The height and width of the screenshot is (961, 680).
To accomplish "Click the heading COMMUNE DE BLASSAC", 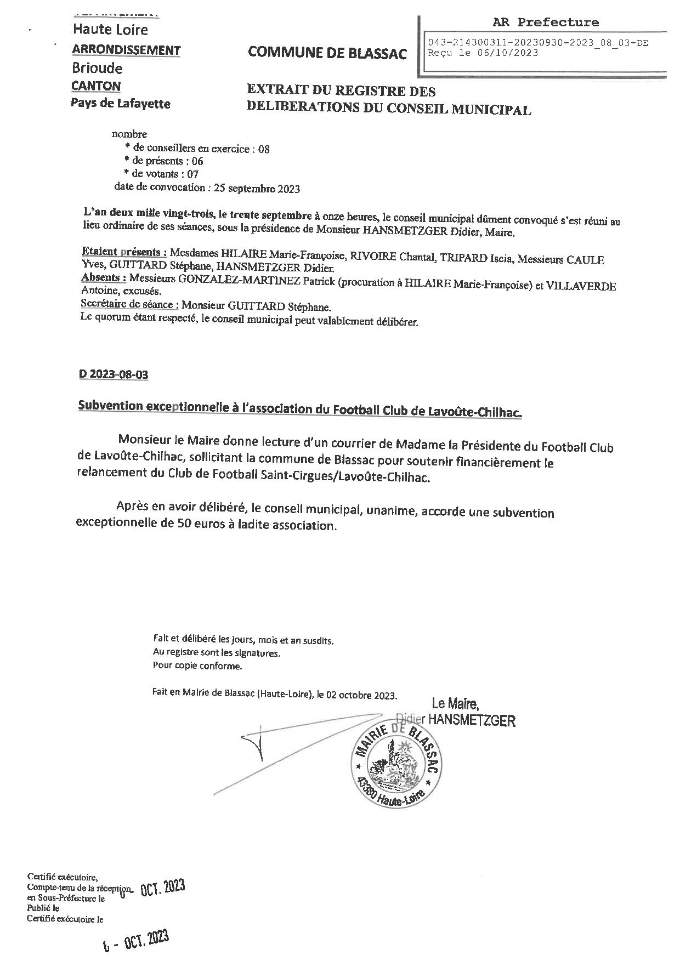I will click(x=327, y=53).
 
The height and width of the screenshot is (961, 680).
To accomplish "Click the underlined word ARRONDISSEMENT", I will click(x=126, y=50).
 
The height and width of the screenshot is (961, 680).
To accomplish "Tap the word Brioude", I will click(x=97, y=69).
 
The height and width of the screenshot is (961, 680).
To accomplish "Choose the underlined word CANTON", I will click(x=96, y=86).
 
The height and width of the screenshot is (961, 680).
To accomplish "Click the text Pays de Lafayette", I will click(x=121, y=104).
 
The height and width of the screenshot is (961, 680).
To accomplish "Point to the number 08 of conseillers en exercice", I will click(x=263, y=149).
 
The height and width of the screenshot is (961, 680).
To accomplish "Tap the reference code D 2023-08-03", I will click(x=114, y=375).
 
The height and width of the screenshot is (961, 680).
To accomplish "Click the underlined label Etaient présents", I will click(x=124, y=253).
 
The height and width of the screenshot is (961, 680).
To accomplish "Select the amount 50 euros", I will click(x=201, y=525).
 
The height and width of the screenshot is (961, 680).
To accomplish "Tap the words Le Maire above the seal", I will click(x=455, y=703).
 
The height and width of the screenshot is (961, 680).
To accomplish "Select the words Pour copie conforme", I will click(x=197, y=667).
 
